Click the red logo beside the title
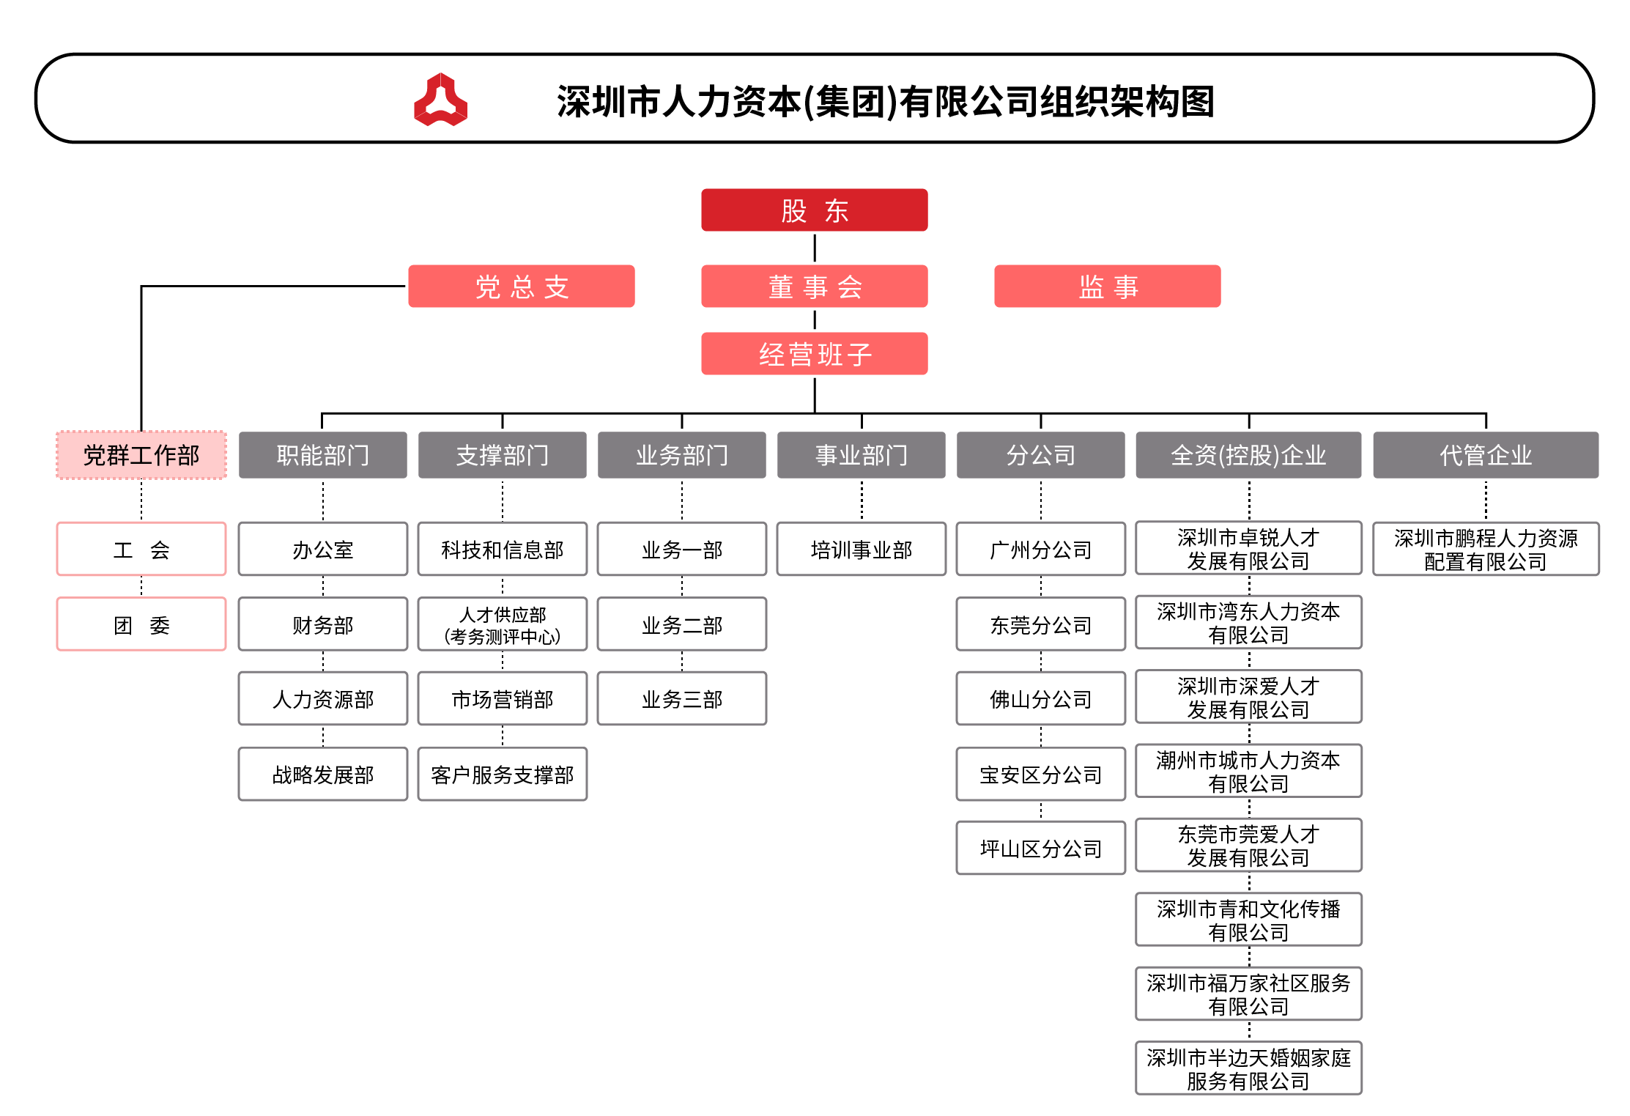(440, 100)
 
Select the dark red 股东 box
(814, 210)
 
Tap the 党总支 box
(521, 287)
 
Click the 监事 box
(1107, 287)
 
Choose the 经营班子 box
(814, 354)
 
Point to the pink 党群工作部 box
(141, 455)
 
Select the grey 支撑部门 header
(502, 455)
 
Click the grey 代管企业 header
(1486, 455)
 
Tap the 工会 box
(141, 549)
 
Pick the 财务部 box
(323, 624)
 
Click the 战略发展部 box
(323, 774)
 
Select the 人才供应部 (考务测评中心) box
(503, 624)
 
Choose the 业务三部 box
(682, 698)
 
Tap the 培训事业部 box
(862, 549)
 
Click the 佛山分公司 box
(1041, 698)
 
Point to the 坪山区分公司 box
(1041, 848)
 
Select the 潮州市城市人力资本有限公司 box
(1248, 771)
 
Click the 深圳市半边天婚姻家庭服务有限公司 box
(1248, 1068)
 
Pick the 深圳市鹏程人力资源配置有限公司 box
(1486, 549)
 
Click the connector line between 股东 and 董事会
(815, 248)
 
